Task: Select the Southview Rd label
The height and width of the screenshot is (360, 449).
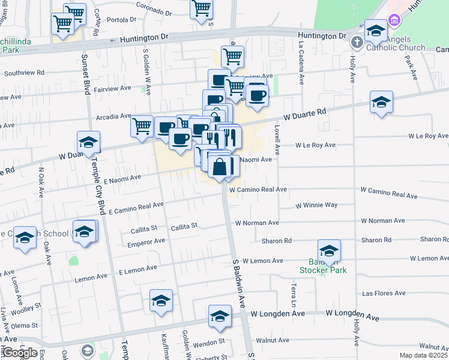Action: tap(25, 73)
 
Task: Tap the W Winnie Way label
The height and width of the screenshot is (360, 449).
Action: tap(316, 205)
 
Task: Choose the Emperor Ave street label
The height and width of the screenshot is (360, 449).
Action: tap(146, 241)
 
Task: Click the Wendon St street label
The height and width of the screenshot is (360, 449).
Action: tap(208, 341)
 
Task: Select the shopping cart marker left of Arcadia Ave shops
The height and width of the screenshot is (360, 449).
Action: tap(142, 126)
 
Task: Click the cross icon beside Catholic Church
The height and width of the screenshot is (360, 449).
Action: tap(357, 42)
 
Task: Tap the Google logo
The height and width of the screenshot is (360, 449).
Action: tap(19, 352)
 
